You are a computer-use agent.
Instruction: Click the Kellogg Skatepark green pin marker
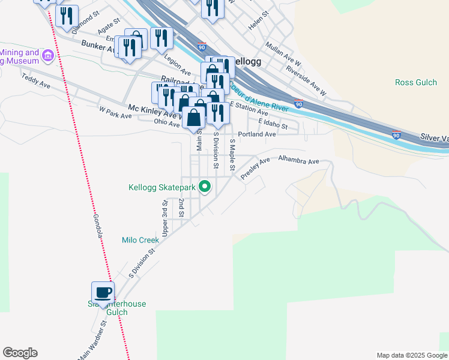pos(205,187)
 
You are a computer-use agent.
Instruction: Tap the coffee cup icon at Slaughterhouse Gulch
pos(103,293)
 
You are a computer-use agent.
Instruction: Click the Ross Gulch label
pos(416,82)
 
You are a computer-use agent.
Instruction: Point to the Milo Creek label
pos(140,240)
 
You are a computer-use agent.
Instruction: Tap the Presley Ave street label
pos(256,169)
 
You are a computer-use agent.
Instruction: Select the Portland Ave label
pos(257,134)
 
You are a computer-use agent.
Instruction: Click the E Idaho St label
pos(274,124)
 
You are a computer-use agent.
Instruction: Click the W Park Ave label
pos(115,111)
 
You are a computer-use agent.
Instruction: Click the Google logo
pos(20,353)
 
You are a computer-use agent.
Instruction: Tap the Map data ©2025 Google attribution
pos(411,355)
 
